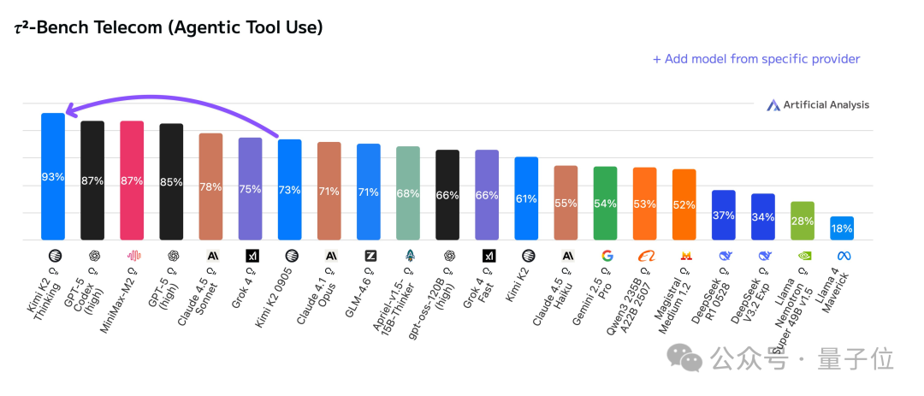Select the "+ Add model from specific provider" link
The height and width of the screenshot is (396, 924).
pyautogui.click(x=756, y=59)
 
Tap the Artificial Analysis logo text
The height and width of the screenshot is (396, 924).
pyautogui.click(x=826, y=105)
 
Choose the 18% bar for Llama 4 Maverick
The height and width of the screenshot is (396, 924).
pyautogui.click(x=841, y=228)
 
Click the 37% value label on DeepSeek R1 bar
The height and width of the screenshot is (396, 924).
pyautogui.click(x=723, y=216)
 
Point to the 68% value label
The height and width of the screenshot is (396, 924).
pyautogui.click(x=408, y=193)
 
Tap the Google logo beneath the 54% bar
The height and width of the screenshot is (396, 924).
pyautogui.click(x=607, y=255)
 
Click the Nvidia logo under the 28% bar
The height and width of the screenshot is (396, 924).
pyautogui.click(x=803, y=255)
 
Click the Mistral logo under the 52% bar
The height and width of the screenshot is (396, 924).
pyautogui.click(x=685, y=255)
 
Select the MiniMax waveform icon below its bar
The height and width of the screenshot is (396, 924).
pyautogui.click(x=133, y=255)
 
